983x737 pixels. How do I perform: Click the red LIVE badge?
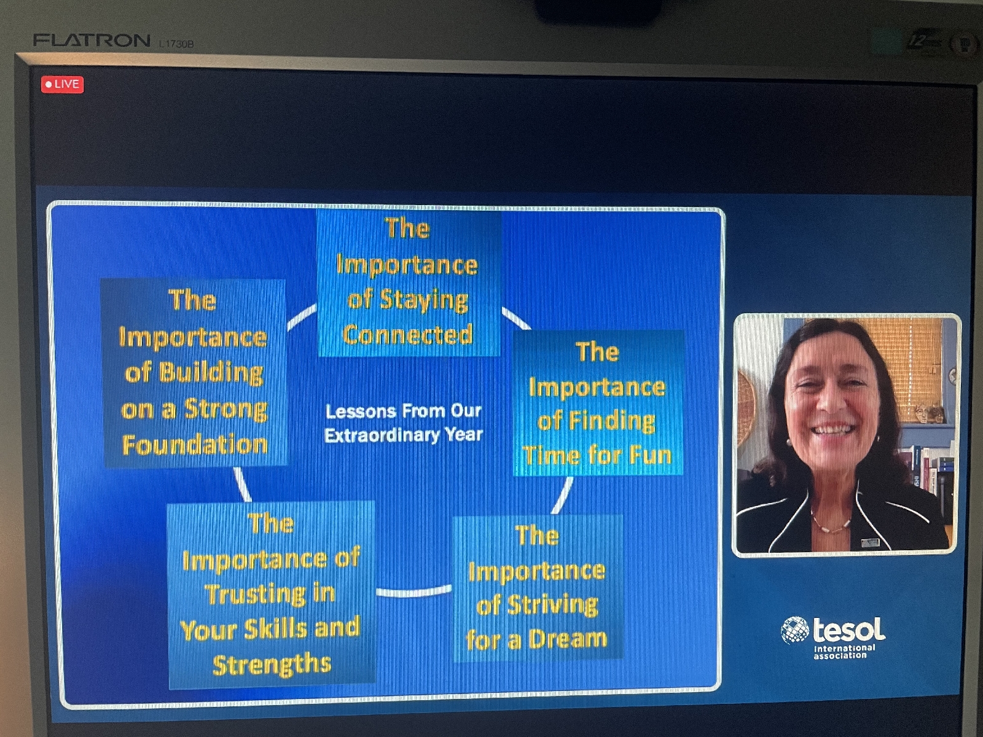pyautogui.click(x=62, y=84)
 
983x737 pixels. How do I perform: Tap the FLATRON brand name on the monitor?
pyautogui.click(x=92, y=41)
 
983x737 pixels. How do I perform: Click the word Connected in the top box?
pyautogui.click(x=407, y=334)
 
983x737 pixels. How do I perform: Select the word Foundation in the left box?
pyautogui.click(x=195, y=445)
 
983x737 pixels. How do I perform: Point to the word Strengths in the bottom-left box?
pyautogui.click(x=272, y=664)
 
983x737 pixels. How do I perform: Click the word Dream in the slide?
pyautogui.click(x=568, y=639)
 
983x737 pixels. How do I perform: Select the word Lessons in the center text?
pyautogui.click(x=361, y=411)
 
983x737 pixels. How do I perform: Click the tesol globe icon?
pyautogui.click(x=795, y=631)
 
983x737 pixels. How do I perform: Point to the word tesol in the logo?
pyautogui.click(x=848, y=629)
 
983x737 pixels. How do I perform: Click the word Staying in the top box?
pyautogui.click(x=424, y=300)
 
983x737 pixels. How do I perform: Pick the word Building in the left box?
pyautogui.click(x=211, y=372)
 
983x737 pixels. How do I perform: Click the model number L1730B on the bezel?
pyautogui.click(x=176, y=44)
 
